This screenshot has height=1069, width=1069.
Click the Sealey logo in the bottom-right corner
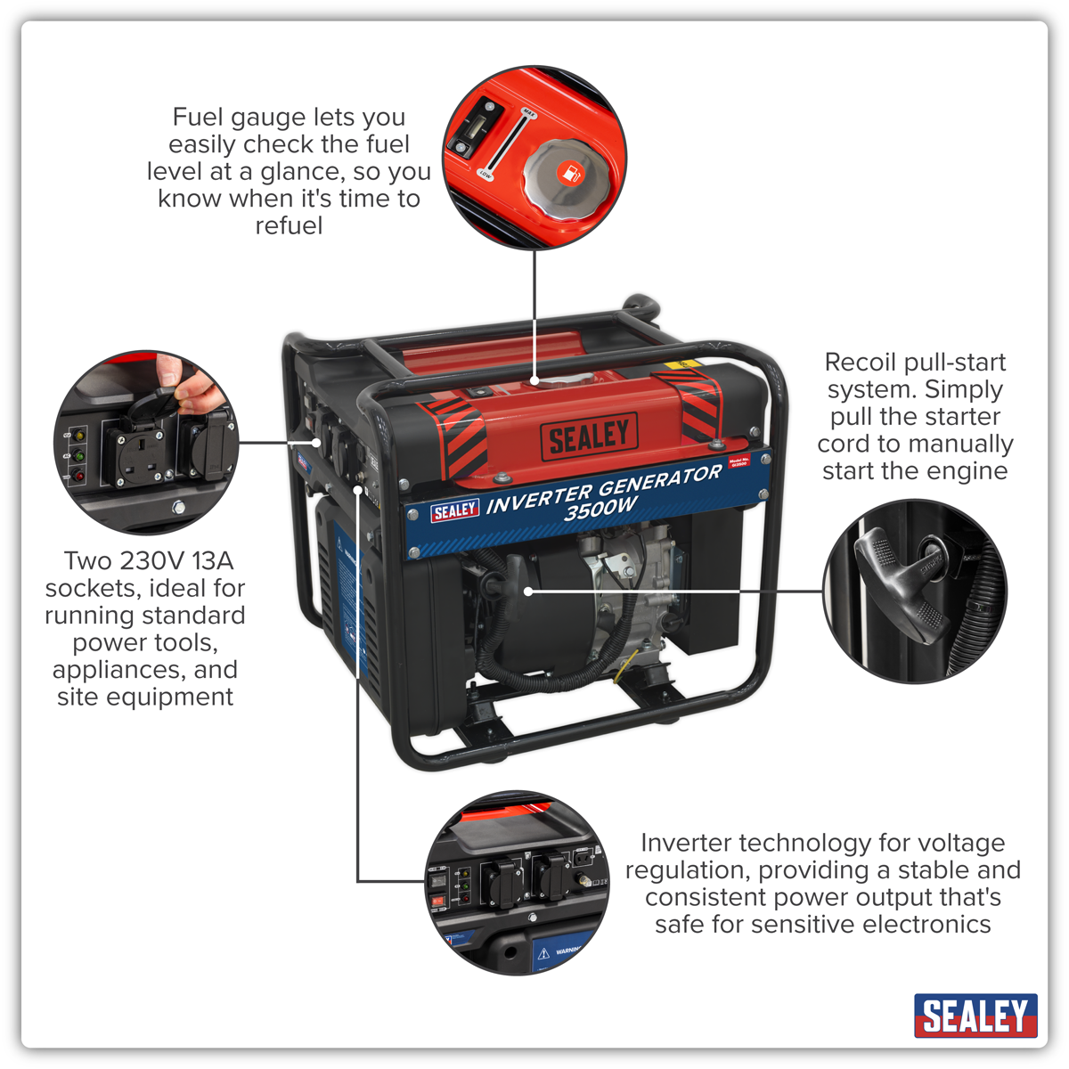click(x=975, y=1016)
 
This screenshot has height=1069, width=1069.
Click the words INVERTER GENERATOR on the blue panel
click(x=603, y=489)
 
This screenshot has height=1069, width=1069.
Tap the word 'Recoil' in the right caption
click(x=860, y=363)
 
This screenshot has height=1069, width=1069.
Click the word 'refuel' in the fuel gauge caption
click(x=289, y=226)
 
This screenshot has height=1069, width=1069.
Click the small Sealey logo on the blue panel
click(x=454, y=510)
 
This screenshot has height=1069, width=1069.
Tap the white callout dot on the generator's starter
click(x=528, y=590)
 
